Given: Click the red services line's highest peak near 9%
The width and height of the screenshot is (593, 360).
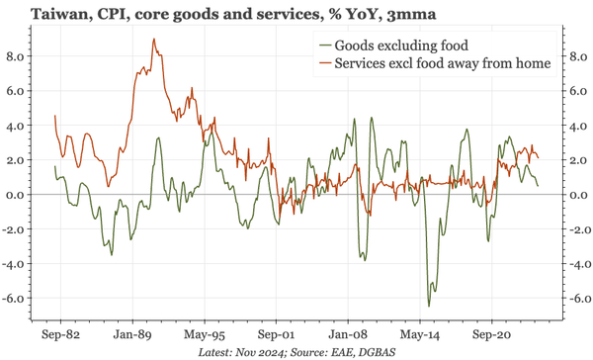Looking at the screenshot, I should pyautogui.click(x=153, y=40).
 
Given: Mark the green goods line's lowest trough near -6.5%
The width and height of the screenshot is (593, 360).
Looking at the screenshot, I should pyautogui.click(x=429, y=306).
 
